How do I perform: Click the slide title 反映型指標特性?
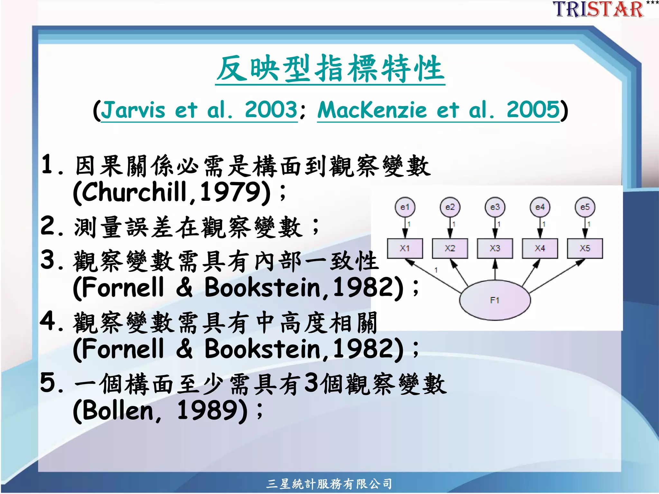330,68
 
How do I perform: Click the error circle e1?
405,207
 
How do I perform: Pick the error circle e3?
495,207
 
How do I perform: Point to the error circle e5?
585,207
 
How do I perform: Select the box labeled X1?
405,248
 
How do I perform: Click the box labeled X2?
450,248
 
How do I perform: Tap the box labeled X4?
540,248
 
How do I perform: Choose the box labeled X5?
585,248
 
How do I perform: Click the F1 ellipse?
495,300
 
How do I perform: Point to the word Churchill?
135,192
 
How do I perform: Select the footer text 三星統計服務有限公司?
329,484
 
